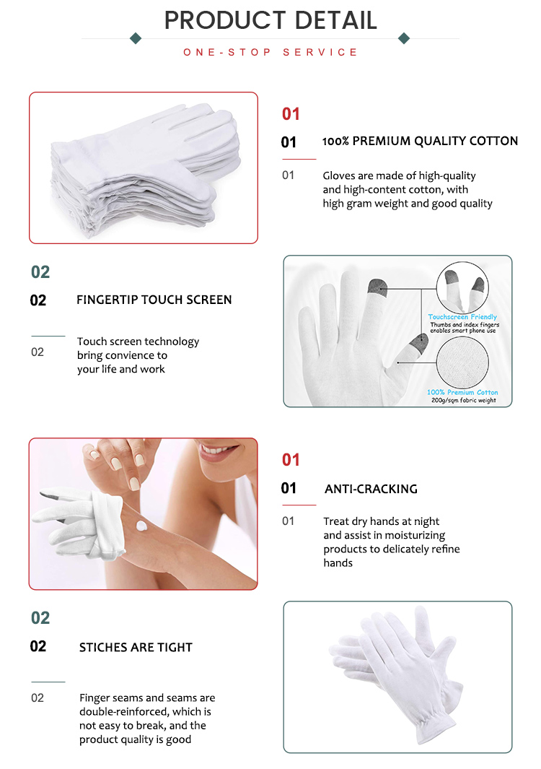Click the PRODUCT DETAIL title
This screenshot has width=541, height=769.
click(x=270, y=20)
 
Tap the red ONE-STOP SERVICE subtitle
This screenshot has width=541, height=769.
click(x=270, y=53)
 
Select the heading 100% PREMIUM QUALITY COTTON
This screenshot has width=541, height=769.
click(x=420, y=142)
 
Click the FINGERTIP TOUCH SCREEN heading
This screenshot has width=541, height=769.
click(x=154, y=300)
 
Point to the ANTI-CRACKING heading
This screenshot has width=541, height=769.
click(x=371, y=489)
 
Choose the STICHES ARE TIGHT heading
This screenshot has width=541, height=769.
click(x=136, y=647)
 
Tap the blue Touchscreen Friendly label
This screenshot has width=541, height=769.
click(x=462, y=317)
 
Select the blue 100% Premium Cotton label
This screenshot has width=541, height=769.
click(x=462, y=392)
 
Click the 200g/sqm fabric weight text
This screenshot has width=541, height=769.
click(x=463, y=400)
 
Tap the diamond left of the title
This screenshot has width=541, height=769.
click(x=135, y=38)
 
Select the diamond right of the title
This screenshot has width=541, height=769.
click(x=404, y=38)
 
